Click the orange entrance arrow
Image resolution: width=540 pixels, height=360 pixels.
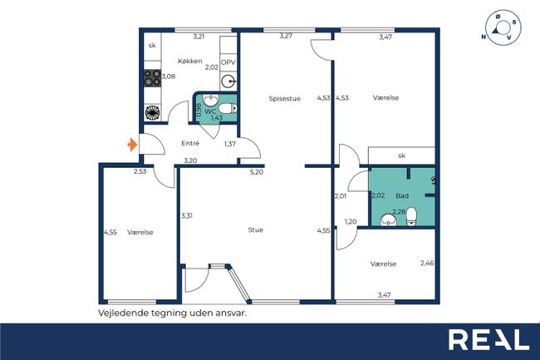point(132,145)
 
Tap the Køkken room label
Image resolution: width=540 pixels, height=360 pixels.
point(190,62)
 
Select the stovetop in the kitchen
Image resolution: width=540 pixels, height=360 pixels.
point(152,77)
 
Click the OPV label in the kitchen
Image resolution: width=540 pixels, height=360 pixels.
point(228,62)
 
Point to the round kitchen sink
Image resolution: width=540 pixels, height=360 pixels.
point(228,81)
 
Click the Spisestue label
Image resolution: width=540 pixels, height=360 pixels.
point(284,99)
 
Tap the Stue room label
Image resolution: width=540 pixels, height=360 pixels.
point(256,229)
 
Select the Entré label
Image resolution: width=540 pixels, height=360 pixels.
point(190,143)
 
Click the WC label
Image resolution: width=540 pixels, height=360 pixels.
point(210,111)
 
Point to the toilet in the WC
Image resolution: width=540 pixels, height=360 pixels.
point(228,109)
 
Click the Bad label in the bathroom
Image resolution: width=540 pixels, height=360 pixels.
point(402,196)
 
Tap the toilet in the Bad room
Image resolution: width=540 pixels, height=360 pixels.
point(411,216)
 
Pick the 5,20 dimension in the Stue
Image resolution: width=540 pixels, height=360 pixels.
point(256,172)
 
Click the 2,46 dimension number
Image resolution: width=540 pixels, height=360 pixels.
point(427,264)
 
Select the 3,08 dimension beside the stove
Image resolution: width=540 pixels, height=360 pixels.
point(169,76)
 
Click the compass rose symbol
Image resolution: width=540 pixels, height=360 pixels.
point(503,27)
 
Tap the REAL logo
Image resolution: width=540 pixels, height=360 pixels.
point(488,340)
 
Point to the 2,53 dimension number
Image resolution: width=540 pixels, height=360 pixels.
point(140,171)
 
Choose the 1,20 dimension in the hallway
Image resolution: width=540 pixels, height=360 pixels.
point(351,221)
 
